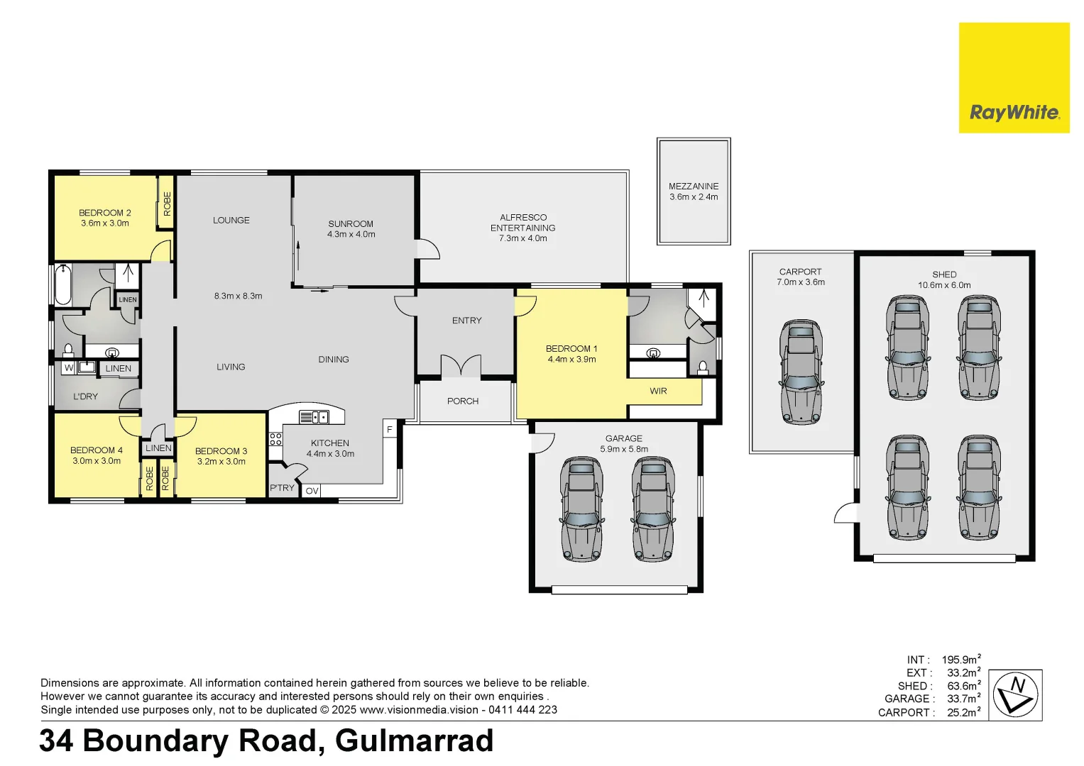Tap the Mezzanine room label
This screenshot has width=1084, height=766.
click(x=694, y=187)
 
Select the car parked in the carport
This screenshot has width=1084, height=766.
click(x=801, y=372)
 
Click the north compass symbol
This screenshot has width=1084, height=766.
click(x=1014, y=695)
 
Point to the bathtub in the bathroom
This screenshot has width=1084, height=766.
click(x=62, y=285)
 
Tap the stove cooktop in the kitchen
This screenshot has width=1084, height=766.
click(x=275, y=438)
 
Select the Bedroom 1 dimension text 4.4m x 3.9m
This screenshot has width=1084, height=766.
click(x=571, y=360)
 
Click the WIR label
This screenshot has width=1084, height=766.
click(x=658, y=391)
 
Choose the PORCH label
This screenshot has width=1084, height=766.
click(x=463, y=401)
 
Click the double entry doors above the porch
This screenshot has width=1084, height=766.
click(x=461, y=365)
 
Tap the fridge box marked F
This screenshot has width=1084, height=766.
click(x=389, y=430)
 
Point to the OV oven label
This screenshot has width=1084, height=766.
click(x=312, y=491)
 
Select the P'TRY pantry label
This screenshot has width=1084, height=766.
click(x=282, y=488)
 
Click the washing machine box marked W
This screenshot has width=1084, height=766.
click(x=69, y=368)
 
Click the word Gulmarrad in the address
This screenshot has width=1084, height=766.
click(x=414, y=741)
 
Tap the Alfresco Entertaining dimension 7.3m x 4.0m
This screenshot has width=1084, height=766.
click(x=522, y=238)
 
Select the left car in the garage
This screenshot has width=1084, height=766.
click(x=581, y=509)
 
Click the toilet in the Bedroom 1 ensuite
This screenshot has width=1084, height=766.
click(x=703, y=367)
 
